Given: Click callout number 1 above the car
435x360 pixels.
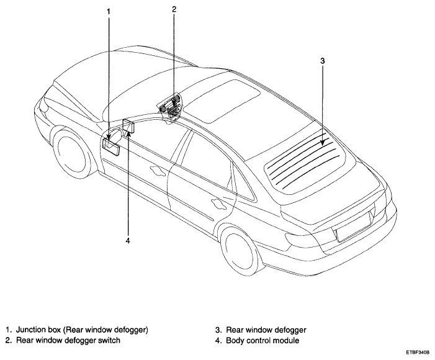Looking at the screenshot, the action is click(109, 12).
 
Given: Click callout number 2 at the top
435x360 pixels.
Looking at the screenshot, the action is click(174, 9).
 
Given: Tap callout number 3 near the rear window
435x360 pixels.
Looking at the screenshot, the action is click(322, 61).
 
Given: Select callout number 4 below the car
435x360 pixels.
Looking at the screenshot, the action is click(128, 241).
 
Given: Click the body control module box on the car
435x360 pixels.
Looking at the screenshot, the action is click(129, 126).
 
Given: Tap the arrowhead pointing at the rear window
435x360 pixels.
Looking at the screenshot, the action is click(322, 142).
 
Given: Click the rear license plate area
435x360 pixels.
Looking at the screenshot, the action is click(353, 226).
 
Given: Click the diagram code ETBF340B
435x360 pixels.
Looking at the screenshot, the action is click(417, 353).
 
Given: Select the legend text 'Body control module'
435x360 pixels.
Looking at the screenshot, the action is click(262, 340).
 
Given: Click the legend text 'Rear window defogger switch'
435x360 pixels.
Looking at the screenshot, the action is click(68, 340).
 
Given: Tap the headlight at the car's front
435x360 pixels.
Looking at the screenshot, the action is click(43, 105).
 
